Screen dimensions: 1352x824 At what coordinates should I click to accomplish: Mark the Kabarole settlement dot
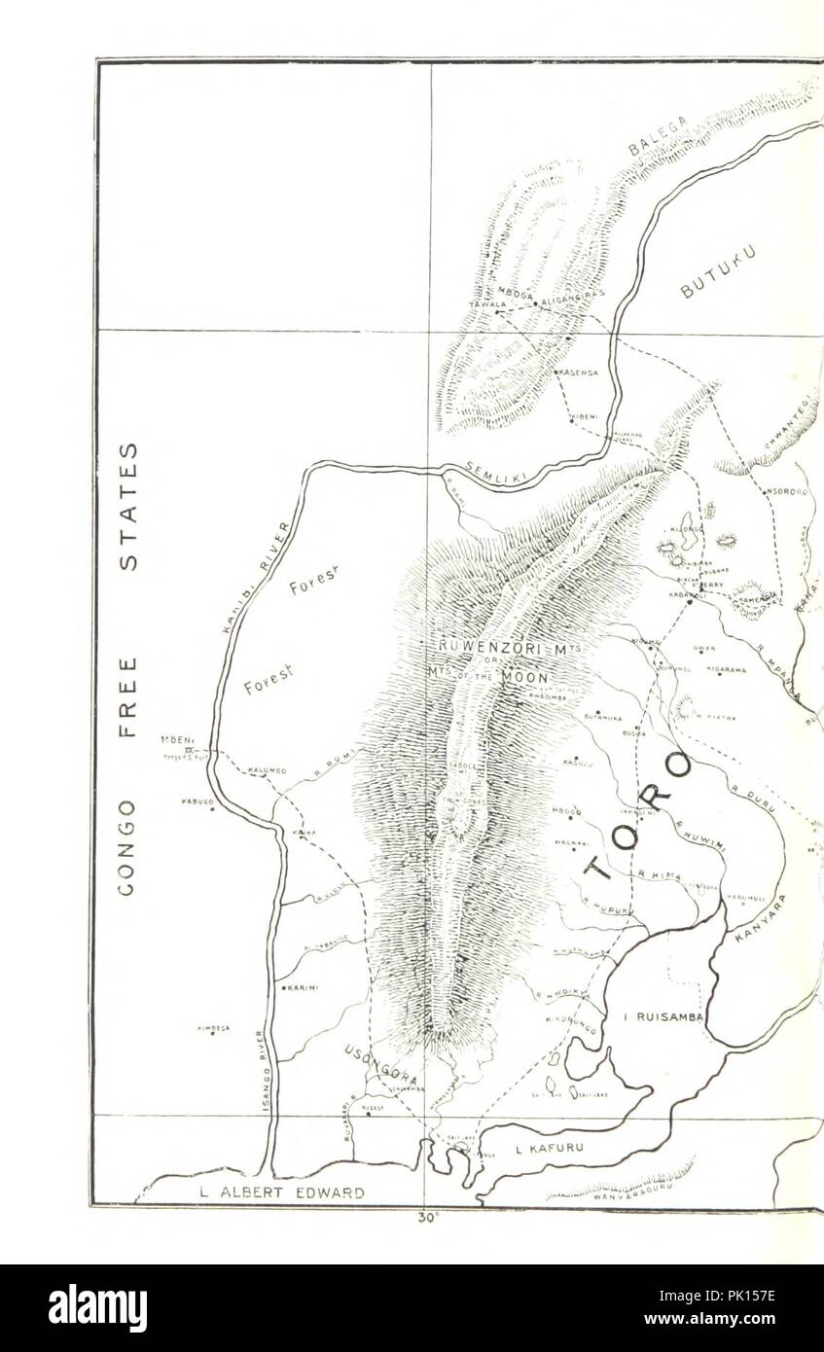(x=690, y=602)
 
